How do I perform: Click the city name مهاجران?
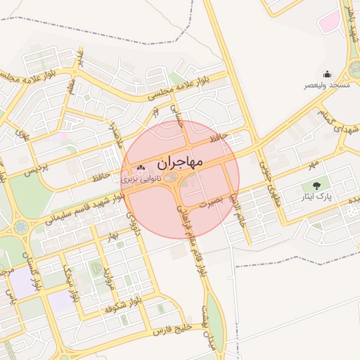click(180, 162)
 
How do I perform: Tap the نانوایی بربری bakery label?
click(141, 179)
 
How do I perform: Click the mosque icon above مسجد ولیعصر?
click(326, 74)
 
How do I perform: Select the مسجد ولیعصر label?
click(326, 84)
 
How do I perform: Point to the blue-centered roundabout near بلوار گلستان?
click(20, 227)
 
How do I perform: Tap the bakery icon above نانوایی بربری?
click(141, 168)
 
